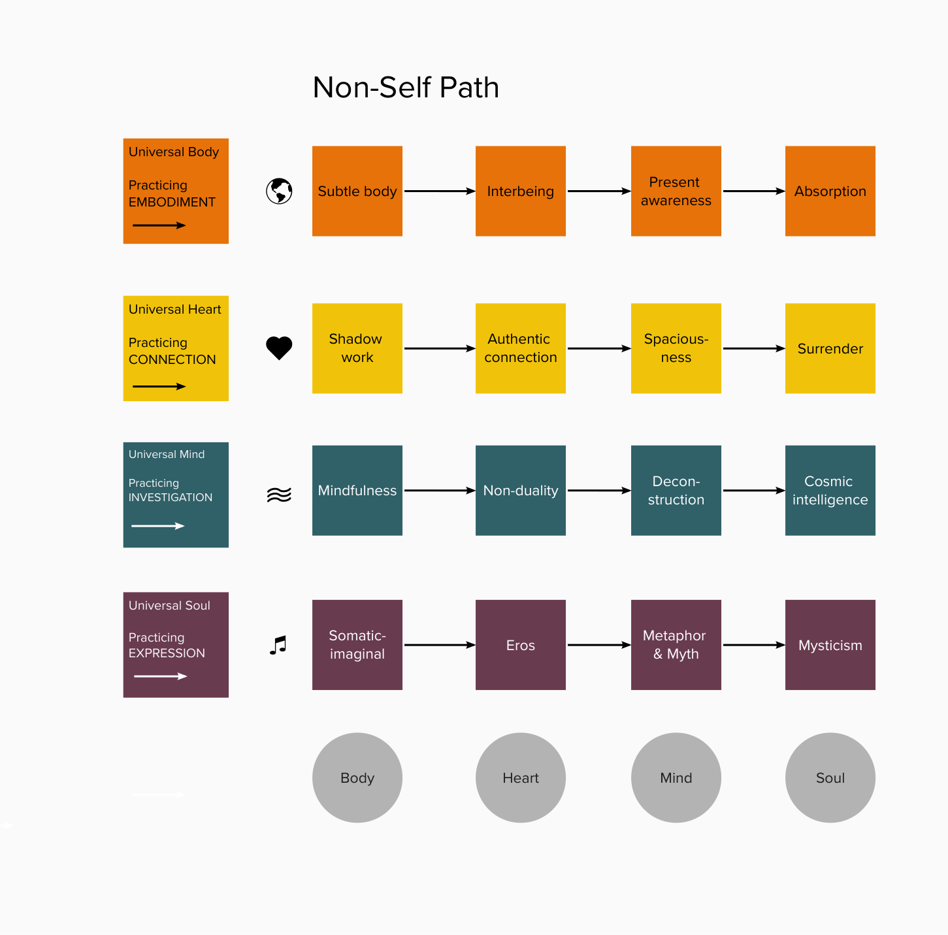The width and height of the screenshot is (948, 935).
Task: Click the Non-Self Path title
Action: (406, 88)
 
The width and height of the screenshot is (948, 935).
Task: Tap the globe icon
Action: (279, 191)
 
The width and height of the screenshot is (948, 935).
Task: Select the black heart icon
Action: (279, 348)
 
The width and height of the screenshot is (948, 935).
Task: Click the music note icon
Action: (278, 646)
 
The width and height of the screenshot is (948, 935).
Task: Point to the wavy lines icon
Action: (279, 495)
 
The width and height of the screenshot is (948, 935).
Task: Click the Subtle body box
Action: (357, 191)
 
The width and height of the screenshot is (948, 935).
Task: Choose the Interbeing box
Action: (521, 191)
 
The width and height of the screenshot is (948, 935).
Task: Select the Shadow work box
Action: (357, 348)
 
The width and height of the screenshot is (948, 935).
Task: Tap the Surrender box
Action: (830, 348)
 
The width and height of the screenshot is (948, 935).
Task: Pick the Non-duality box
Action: (521, 491)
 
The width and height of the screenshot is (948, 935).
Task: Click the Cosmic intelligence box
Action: (830, 491)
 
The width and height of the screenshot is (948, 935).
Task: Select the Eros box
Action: (521, 645)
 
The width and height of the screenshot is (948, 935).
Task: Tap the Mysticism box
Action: (830, 645)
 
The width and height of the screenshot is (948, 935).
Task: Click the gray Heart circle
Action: (521, 778)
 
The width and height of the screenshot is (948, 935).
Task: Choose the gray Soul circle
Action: (830, 778)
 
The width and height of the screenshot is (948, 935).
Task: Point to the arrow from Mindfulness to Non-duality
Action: (439, 491)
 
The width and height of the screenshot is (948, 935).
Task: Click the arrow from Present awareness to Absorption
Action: (753, 191)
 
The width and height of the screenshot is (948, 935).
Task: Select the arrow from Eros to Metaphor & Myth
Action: (598, 645)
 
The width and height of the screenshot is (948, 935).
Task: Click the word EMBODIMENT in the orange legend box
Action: (172, 203)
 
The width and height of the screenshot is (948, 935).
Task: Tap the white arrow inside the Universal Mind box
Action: (158, 526)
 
